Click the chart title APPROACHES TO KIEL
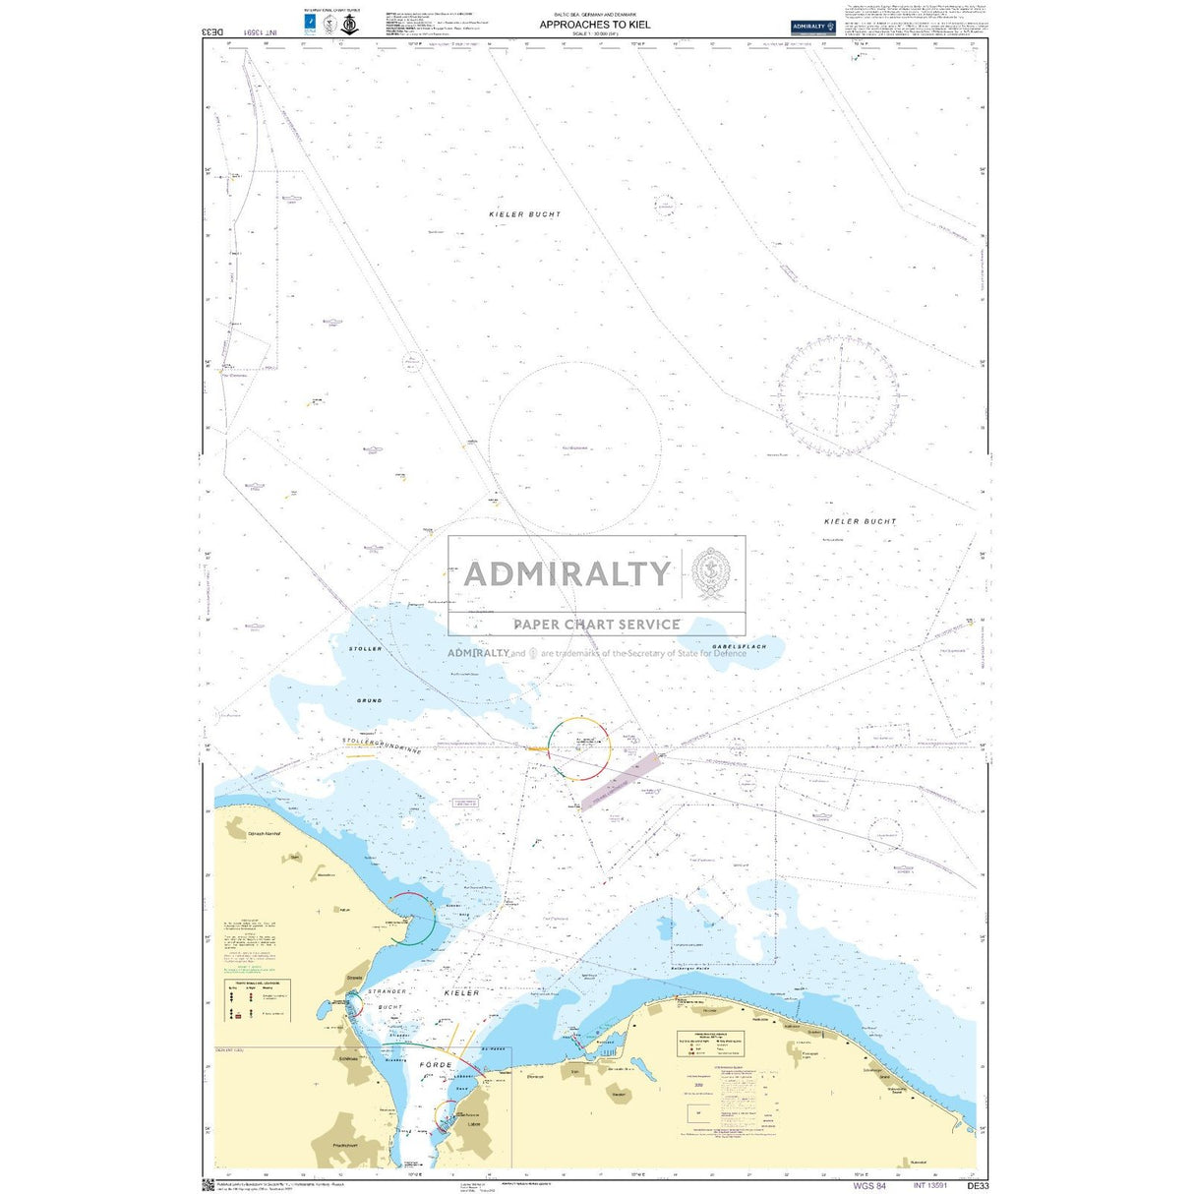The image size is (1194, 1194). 594,25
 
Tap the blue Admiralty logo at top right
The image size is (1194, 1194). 812,28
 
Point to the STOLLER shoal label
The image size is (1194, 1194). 365,649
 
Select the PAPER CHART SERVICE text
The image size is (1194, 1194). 596,624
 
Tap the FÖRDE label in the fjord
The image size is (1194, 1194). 436,1065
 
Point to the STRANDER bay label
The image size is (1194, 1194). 387,993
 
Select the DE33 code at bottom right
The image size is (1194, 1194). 978,1185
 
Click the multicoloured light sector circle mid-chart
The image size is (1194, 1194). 579,748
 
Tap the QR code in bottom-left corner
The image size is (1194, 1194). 209,1184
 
